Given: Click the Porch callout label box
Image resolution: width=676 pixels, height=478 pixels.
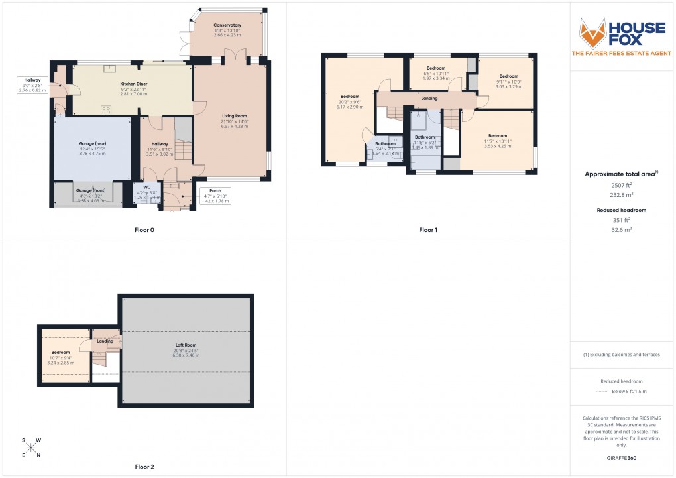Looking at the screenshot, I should click(215, 197).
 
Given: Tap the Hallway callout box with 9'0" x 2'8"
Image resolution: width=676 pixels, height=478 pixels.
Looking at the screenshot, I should click(32, 84).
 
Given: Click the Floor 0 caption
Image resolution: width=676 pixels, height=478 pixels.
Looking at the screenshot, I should click(144, 230).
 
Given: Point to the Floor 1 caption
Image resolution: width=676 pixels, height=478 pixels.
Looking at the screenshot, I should click(428, 230).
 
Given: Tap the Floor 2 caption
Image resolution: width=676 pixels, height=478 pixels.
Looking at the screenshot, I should click(144, 467).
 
